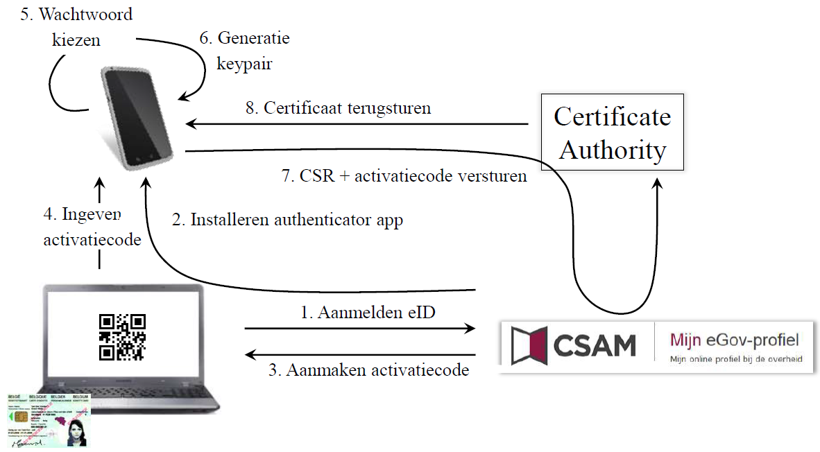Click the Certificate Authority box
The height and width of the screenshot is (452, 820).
pos(613,132)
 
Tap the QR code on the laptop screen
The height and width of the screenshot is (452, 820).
pos(122,337)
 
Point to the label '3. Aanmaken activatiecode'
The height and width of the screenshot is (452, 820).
pos(368,370)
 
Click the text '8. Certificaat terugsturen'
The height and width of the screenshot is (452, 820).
pos(338,108)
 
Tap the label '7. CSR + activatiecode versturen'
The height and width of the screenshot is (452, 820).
pos(404,176)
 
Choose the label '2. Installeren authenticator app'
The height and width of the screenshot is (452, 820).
pos(287,220)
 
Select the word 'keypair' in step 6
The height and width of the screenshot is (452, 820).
pos(245,64)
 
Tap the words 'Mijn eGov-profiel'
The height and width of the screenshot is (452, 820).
pos(734,340)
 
